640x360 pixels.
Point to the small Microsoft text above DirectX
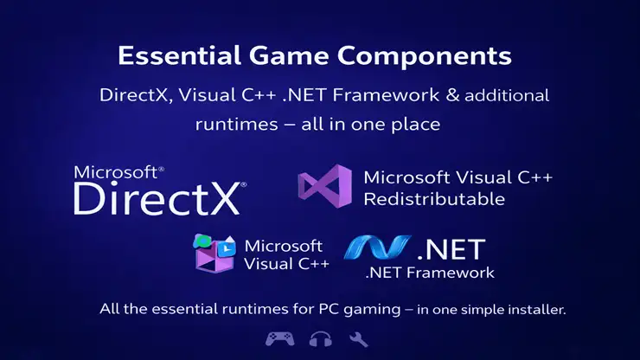[x=117, y=171]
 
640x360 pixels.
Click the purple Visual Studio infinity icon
[x=324, y=187]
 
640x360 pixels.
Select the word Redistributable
[x=433, y=199]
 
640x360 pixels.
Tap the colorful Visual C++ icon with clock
[x=214, y=253]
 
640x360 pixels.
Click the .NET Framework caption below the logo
[x=429, y=273]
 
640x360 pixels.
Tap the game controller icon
[x=278, y=338]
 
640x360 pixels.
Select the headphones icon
[x=320, y=338]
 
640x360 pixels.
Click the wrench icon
[x=359, y=338]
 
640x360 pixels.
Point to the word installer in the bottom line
[x=539, y=308]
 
